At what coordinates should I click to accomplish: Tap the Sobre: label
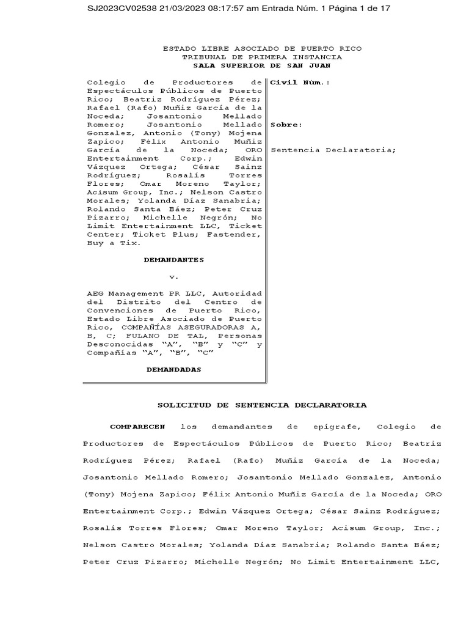286,124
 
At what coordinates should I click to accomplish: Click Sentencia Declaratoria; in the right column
333,150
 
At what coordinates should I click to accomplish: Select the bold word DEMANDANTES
173,260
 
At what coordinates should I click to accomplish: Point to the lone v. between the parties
173,276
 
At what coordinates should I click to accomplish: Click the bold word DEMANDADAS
173,370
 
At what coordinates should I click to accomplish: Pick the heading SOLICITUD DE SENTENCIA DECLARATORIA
262,405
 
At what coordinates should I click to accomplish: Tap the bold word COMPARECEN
137,426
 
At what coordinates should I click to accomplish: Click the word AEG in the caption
95,293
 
